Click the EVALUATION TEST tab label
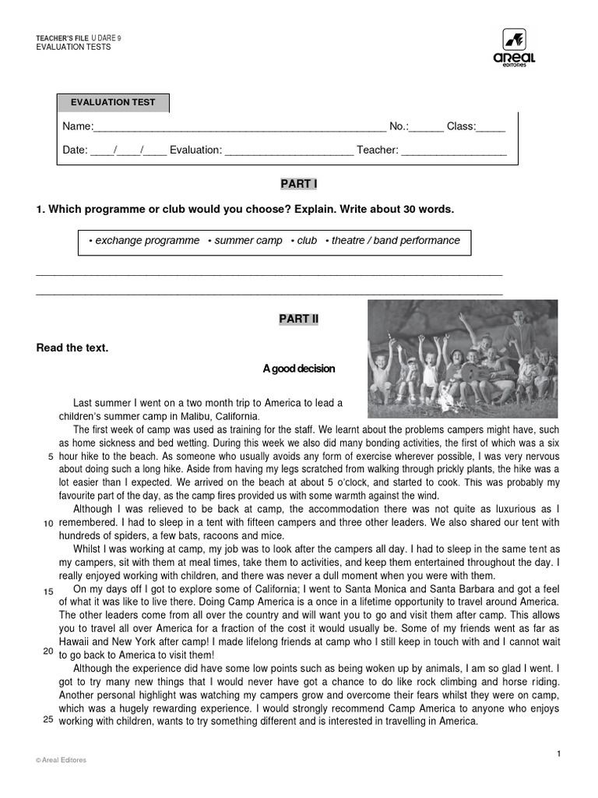(x=113, y=102)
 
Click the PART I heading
(x=299, y=184)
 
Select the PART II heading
(x=299, y=319)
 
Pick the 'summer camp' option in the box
(x=248, y=241)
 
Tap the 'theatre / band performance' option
(x=396, y=241)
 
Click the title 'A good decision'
(x=299, y=369)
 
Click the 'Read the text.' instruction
(x=72, y=348)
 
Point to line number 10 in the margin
(x=48, y=523)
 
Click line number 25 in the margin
(x=48, y=719)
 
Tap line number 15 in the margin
(x=48, y=591)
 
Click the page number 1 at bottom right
(x=559, y=753)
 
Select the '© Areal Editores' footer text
(x=62, y=761)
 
